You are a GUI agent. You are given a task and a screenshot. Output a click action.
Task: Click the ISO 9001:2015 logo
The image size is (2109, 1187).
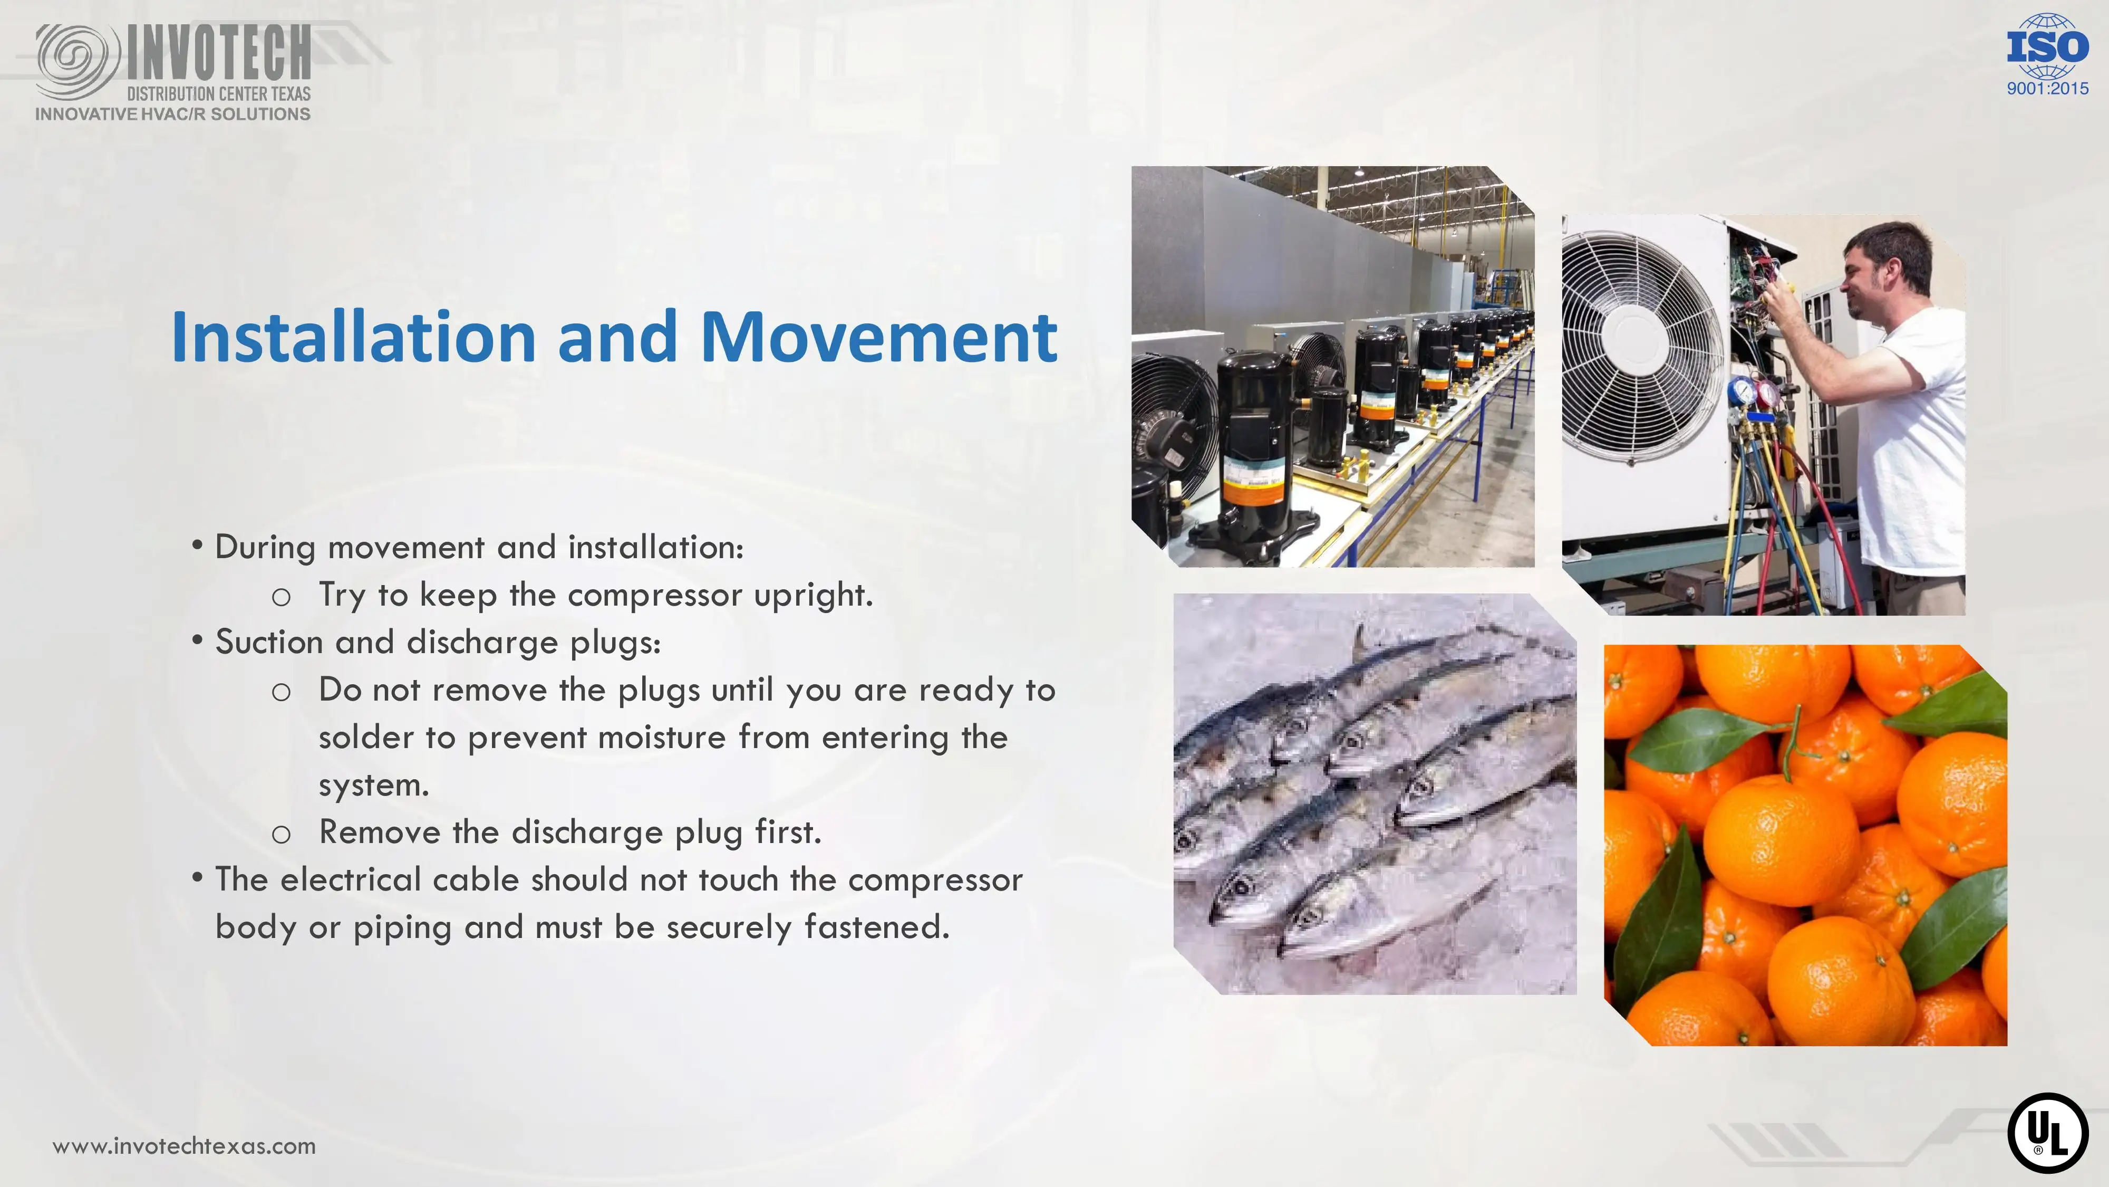click(2048, 54)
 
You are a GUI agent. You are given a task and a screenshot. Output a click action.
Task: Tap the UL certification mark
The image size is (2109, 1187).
click(2048, 1133)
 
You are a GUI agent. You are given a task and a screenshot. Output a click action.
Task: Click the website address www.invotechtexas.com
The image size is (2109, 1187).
click(184, 1145)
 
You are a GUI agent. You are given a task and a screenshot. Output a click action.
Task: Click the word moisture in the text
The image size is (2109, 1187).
click(662, 738)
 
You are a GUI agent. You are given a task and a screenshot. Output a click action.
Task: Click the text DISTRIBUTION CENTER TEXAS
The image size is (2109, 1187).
click(219, 93)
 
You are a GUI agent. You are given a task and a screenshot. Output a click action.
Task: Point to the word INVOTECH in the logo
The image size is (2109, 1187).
click(219, 53)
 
